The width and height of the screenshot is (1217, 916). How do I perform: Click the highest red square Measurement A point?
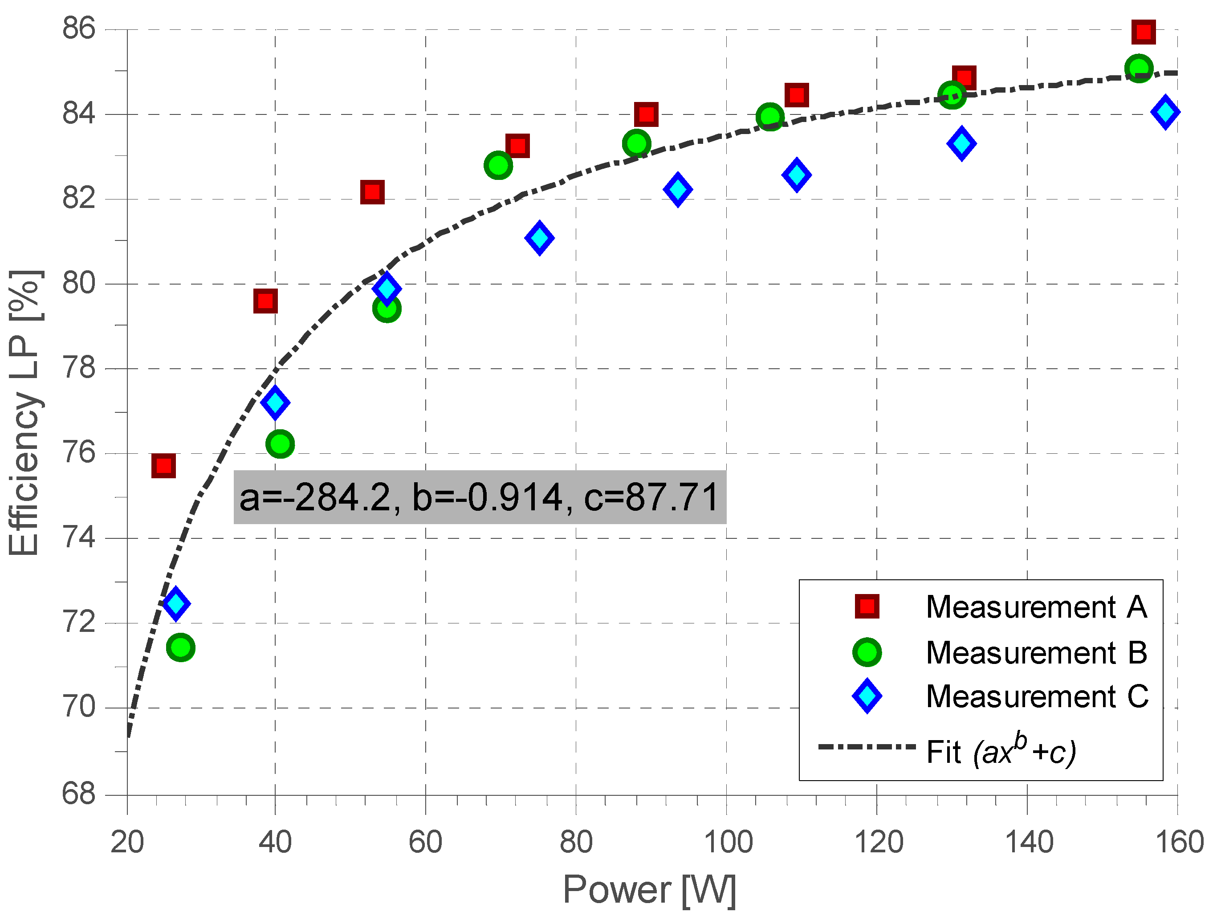point(1143,32)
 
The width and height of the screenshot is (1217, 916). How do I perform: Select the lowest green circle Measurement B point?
point(180,647)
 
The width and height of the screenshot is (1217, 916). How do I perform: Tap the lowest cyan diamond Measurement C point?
point(176,603)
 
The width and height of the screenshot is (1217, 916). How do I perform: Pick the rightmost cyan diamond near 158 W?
point(1165,112)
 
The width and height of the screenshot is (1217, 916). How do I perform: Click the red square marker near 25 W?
point(163,466)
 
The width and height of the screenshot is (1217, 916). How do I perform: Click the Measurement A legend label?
point(1037,607)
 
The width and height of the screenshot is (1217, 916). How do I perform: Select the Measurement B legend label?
point(1037,653)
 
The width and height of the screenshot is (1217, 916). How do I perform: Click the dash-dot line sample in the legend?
point(867,746)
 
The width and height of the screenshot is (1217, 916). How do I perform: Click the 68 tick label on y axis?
point(79,794)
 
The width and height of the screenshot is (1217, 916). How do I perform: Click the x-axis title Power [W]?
point(649,890)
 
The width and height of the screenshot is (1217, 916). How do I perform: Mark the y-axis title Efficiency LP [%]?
point(25,413)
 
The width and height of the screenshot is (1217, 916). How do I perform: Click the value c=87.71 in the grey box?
point(651,497)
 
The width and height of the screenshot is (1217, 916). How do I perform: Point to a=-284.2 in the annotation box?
point(315,497)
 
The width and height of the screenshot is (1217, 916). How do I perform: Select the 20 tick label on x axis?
point(127,842)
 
